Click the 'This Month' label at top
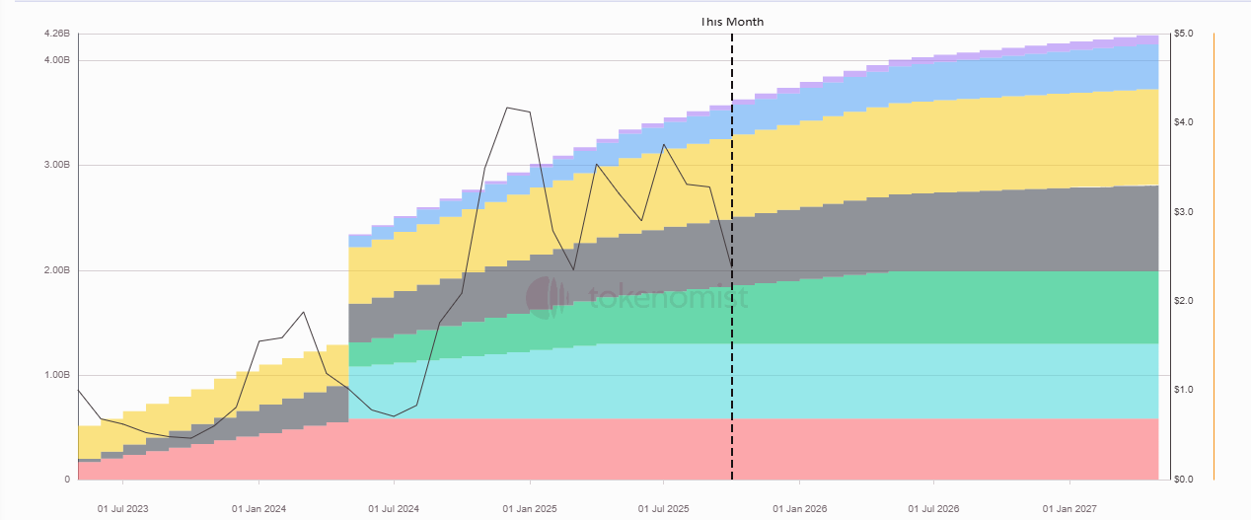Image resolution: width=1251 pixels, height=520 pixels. (x=732, y=22)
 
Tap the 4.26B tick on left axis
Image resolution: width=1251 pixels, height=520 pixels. (x=57, y=34)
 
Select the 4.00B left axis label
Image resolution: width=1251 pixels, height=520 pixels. (x=57, y=60)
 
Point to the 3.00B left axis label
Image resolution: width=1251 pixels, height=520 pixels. (x=57, y=165)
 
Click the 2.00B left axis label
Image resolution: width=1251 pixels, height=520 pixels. (x=57, y=270)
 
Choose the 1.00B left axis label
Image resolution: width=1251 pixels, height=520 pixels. (x=57, y=375)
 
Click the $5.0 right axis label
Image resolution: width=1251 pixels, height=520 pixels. (x=1184, y=34)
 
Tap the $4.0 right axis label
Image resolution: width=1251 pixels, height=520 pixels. (x=1184, y=122)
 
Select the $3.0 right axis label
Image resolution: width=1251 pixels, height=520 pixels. (x=1184, y=212)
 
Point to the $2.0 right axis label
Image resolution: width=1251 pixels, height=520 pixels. (x=1184, y=301)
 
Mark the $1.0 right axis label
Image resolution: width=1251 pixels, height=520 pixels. (x=1184, y=390)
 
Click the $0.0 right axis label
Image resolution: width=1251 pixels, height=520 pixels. (x=1184, y=480)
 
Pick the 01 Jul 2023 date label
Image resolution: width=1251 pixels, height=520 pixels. (x=122, y=509)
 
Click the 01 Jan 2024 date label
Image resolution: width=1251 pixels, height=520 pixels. (x=258, y=509)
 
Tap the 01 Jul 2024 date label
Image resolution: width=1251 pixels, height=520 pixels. (x=394, y=509)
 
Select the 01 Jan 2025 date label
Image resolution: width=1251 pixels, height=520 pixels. (x=530, y=509)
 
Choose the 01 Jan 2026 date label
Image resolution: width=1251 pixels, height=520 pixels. (x=800, y=509)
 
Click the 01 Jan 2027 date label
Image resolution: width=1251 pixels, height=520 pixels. (x=1070, y=509)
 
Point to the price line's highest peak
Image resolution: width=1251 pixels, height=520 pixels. (x=507, y=108)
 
